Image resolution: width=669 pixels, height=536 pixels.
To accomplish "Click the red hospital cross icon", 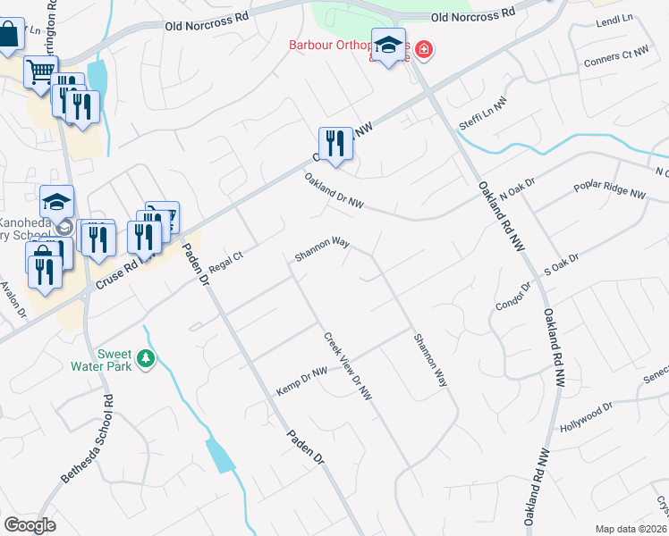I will click(421, 51).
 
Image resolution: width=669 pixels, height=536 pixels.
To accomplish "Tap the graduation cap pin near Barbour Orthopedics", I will click(389, 46).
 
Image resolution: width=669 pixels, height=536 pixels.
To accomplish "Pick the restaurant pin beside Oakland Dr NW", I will click(335, 144).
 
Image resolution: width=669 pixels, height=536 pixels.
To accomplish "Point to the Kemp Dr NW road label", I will click(301, 379).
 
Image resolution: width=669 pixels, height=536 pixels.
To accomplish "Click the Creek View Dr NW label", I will click(348, 365).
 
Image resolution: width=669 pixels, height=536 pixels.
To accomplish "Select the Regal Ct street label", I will click(225, 262).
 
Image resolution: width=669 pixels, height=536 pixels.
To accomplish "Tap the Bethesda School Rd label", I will click(87, 440).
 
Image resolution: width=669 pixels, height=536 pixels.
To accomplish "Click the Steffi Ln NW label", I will click(483, 115).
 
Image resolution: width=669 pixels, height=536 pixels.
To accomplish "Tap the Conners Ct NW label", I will click(616, 56).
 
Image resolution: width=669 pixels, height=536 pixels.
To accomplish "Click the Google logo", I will click(30, 525).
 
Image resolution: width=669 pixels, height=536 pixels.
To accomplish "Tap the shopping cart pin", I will click(40, 71).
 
